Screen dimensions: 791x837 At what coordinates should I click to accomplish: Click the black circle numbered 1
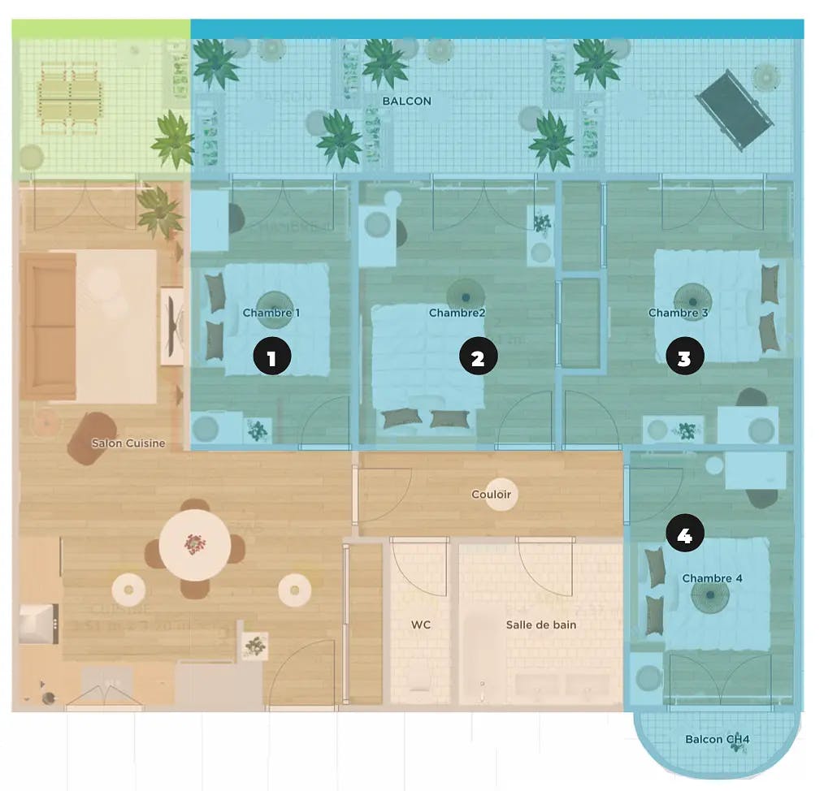point(271,357)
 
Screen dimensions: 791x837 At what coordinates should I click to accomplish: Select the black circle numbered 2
point(478,357)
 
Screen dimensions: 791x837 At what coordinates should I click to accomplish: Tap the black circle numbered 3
point(684,357)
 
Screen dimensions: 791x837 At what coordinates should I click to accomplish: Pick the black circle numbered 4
point(684,534)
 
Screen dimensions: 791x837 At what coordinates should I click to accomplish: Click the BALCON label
point(406,102)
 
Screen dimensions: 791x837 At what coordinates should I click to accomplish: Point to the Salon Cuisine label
point(128,443)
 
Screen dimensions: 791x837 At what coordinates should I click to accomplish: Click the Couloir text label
point(492,494)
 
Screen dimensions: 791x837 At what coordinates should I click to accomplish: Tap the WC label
point(421,625)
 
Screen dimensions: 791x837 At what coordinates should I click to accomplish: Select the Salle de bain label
point(541,625)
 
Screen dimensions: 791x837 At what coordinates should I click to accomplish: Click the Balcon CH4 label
point(717,740)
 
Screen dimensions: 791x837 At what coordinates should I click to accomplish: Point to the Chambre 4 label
point(712,579)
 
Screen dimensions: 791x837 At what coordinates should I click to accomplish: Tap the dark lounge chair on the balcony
point(735,109)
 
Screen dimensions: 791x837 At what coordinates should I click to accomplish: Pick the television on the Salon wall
point(171,326)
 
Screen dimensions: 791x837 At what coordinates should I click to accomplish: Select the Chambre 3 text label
point(679,313)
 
